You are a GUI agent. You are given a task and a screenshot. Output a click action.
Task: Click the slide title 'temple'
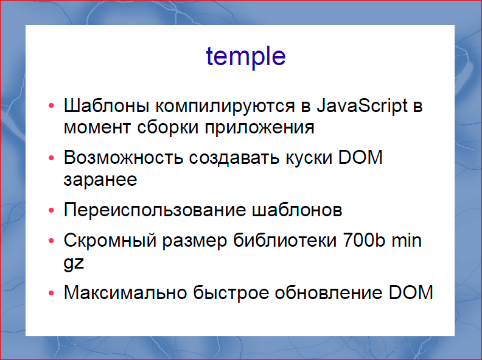pos(246,57)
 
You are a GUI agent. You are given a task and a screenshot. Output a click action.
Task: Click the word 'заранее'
pos(100,180)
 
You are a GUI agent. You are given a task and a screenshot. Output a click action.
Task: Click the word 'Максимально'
pos(124,292)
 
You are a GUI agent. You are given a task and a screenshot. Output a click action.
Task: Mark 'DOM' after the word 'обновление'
pos(410,292)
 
